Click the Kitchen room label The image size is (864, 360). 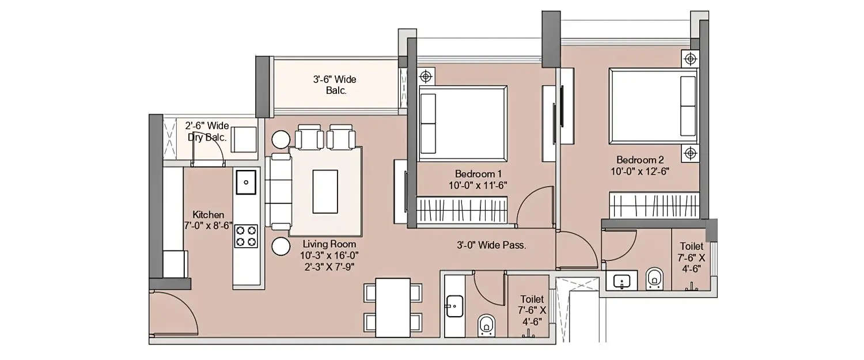208,215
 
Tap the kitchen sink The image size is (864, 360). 246,182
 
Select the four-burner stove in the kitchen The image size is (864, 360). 246,235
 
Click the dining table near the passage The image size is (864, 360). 392,308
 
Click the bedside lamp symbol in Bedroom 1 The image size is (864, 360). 425,75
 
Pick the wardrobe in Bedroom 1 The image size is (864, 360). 461,210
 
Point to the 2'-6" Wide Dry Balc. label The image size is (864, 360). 207,131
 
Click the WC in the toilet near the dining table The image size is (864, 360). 486,325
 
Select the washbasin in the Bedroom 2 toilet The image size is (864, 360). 621,282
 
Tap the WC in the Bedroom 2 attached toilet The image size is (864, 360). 654,279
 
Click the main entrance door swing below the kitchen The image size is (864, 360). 173,314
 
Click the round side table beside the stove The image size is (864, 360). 281,247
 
